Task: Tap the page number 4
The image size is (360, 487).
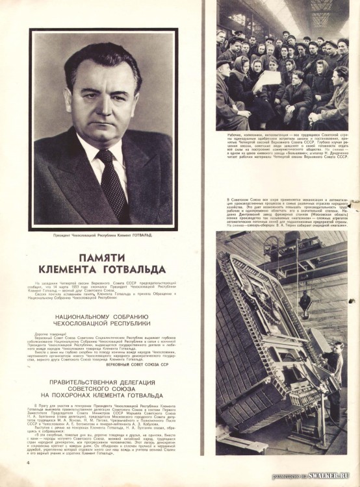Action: point(29,464)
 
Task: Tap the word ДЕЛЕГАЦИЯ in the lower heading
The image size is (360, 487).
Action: point(151,382)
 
